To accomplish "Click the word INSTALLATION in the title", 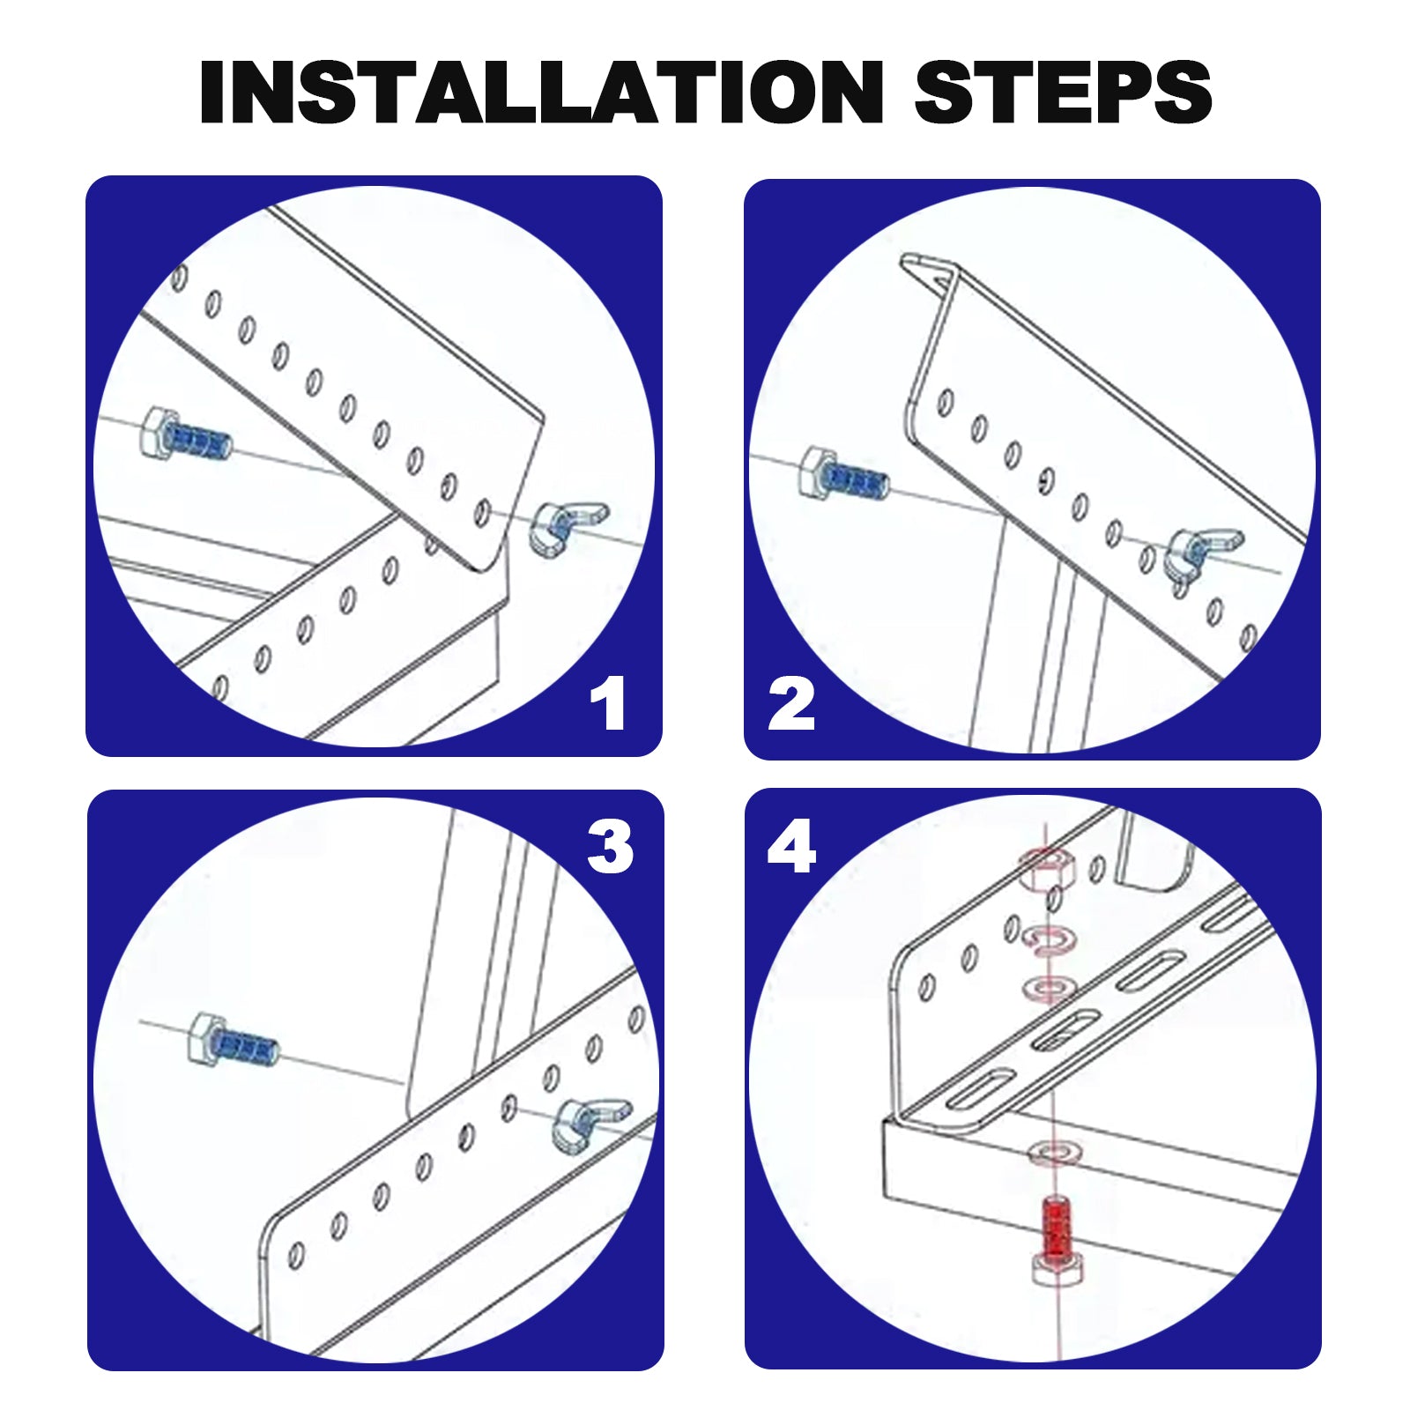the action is point(542,92).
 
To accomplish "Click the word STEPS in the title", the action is point(1063,92).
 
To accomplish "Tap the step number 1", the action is point(608,702).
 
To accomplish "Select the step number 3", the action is point(610,847).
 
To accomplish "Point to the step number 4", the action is point(791,847).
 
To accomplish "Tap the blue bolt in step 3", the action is point(234,1040).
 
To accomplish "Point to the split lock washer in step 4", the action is point(1046,940).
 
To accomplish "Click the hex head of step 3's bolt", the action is point(206,1037).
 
